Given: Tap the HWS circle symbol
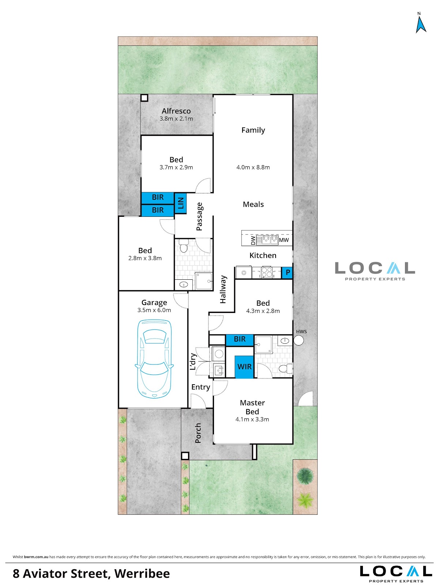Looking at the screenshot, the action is click(299, 340).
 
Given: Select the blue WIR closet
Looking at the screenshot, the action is click(244, 367).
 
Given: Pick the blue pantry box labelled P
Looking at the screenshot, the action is click(287, 273).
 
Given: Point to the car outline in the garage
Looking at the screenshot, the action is click(154, 359).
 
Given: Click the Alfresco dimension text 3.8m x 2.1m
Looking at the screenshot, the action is click(176, 118).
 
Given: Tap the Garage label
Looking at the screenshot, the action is click(154, 302).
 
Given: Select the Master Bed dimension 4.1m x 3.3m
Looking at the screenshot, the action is click(252, 419).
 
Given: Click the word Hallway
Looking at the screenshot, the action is click(223, 289).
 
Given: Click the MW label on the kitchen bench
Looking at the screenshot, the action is click(284, 240).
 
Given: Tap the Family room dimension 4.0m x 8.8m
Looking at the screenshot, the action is click(253, 167).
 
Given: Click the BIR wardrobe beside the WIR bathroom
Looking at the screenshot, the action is click(239, 339).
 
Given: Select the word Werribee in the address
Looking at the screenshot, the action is click(142, 574).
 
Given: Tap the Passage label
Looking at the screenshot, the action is click(199, 216).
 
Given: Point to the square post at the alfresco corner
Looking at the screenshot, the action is click(144, 98).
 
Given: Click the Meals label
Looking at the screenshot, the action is click(253, 204).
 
